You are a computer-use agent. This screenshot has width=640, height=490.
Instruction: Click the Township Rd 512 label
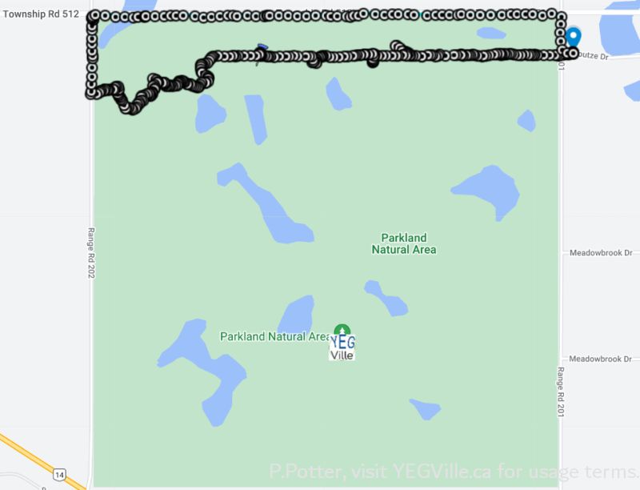tap(40, 14)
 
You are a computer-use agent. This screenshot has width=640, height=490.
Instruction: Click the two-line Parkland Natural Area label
tap(404, 243)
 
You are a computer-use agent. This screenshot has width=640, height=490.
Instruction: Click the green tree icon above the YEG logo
tap(342, 328)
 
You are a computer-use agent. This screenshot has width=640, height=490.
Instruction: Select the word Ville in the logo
tap(342, 353)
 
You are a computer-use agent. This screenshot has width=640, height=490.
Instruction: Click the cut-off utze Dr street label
tap(594, 58)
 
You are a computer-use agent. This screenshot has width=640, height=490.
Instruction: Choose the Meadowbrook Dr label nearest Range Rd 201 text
tap(600, 359)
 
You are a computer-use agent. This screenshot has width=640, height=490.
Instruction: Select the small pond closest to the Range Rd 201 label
tap(425, 409)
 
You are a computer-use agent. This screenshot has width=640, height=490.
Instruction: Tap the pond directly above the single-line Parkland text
tap(296, 313)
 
